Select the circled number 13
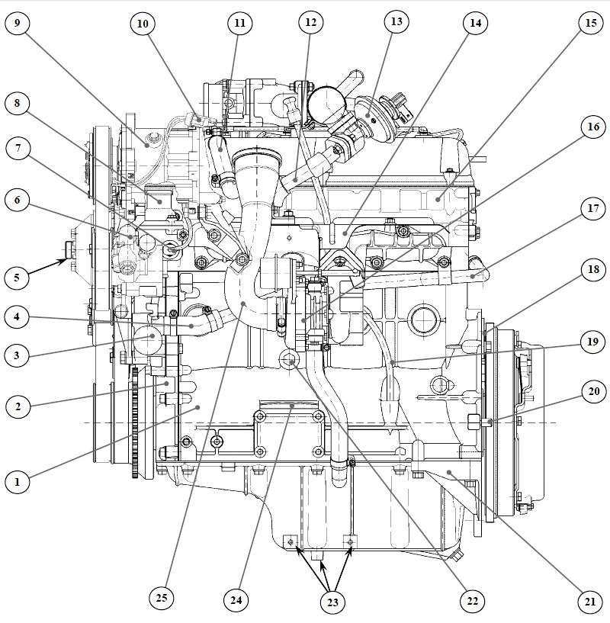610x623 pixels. tap(396, 22)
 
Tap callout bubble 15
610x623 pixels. tap(591, 23)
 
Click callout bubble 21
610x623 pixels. tap(589, 602)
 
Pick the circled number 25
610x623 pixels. tap(161, 598)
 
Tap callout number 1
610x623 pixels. tap(17, 481)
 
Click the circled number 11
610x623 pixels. tap(240, 23)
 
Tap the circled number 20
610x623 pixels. tap(592, 392)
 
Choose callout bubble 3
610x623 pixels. tap(17, 354)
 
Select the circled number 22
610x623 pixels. tap(472, 602)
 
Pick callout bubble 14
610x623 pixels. tap(475, 23)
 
